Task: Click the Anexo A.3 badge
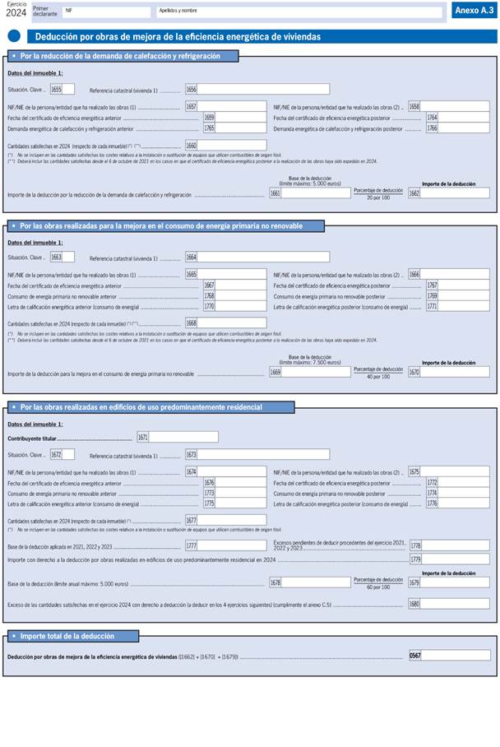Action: coord(473,10)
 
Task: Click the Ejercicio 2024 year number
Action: coord(16,12)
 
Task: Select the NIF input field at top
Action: coord(106,12)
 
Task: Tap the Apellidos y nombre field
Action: coord(299,12)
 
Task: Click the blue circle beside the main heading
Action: coord(14,36)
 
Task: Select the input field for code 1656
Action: coord(263,89)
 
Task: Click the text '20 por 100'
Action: coord(378,198)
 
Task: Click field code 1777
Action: coord(191,545)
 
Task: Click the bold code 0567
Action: coord(415,656)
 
